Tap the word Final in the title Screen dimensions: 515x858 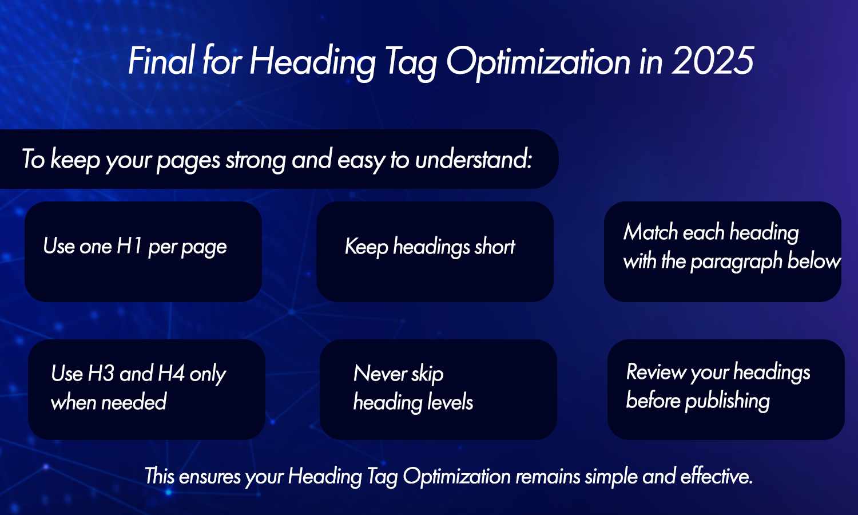[161, 61]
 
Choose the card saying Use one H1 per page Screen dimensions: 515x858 [143, 251]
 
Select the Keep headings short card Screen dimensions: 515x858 [435, 251]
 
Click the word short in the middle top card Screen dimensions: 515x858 [495, 247]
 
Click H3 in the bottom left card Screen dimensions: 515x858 [101, 374]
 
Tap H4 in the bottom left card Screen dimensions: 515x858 [170, 374]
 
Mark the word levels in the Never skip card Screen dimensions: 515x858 [450, 402]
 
